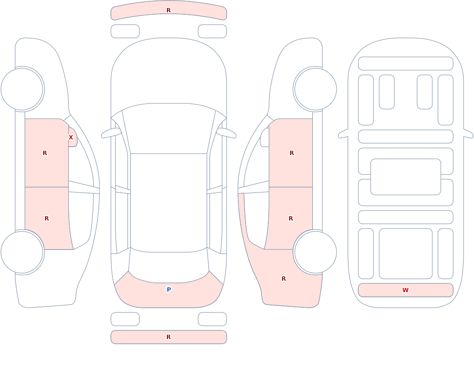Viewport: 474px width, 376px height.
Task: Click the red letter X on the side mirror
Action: tap(71, 138)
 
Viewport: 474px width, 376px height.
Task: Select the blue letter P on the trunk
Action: tap(169, 290)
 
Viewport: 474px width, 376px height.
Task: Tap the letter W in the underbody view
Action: tap(405, 290)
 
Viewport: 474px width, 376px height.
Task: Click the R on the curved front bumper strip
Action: tap(168, 10)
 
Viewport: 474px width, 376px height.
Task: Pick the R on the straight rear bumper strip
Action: tap(168, 337)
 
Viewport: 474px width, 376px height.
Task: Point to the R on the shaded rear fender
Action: tap(283, 279)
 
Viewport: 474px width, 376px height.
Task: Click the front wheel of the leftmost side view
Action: tap(22, 89)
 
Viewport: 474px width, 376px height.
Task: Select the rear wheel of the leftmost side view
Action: tap(22, 252)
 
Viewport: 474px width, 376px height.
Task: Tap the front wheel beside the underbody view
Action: tap(315, 89)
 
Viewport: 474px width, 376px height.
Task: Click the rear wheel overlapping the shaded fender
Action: tap(315, 252)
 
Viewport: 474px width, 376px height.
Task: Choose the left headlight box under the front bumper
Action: tap(125, 31)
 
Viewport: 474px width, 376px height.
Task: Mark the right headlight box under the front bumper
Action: tap(212, 31)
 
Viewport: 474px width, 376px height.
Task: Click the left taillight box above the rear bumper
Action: tap(125, 319)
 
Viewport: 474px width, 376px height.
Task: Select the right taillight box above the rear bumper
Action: tap(212, 319)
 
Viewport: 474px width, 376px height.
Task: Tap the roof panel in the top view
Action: tap(169, 202)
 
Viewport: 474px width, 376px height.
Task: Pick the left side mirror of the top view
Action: tap(111, 133)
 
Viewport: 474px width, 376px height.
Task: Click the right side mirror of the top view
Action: tap(227, 133)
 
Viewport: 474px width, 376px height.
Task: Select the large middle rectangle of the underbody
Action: tap(406, 177)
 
